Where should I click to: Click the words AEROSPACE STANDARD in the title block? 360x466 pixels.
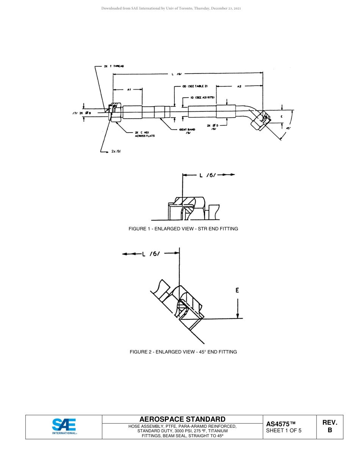(x=182, y=419)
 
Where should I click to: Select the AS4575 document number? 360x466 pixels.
(x=280, y=424)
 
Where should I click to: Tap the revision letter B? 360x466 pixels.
(x=330, y=430)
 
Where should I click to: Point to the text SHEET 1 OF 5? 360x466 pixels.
(x=284, y=430)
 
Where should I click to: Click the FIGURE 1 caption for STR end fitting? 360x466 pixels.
(x=183, y=229)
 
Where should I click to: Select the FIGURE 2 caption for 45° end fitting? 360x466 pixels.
(x=183, y=352)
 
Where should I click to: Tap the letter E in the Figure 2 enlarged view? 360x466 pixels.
(x=237, y=291)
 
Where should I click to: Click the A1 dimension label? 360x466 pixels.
(x=129, y=90)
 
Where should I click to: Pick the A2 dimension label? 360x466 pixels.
(x=239, y=86)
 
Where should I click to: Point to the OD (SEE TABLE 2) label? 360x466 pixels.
(x=195, y=86)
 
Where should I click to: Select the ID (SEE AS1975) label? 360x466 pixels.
(x=203, y=97)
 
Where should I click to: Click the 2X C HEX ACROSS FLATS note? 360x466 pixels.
(x=145, y=134)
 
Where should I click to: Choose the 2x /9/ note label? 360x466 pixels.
(x=116, y=151)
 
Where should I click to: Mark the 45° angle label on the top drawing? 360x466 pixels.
(x=288, y=128)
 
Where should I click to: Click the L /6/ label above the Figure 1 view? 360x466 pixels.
(x=207, y=175)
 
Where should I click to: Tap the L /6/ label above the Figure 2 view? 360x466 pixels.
(x=151, y=254)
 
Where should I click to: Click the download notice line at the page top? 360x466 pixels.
(x=171, y=8)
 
